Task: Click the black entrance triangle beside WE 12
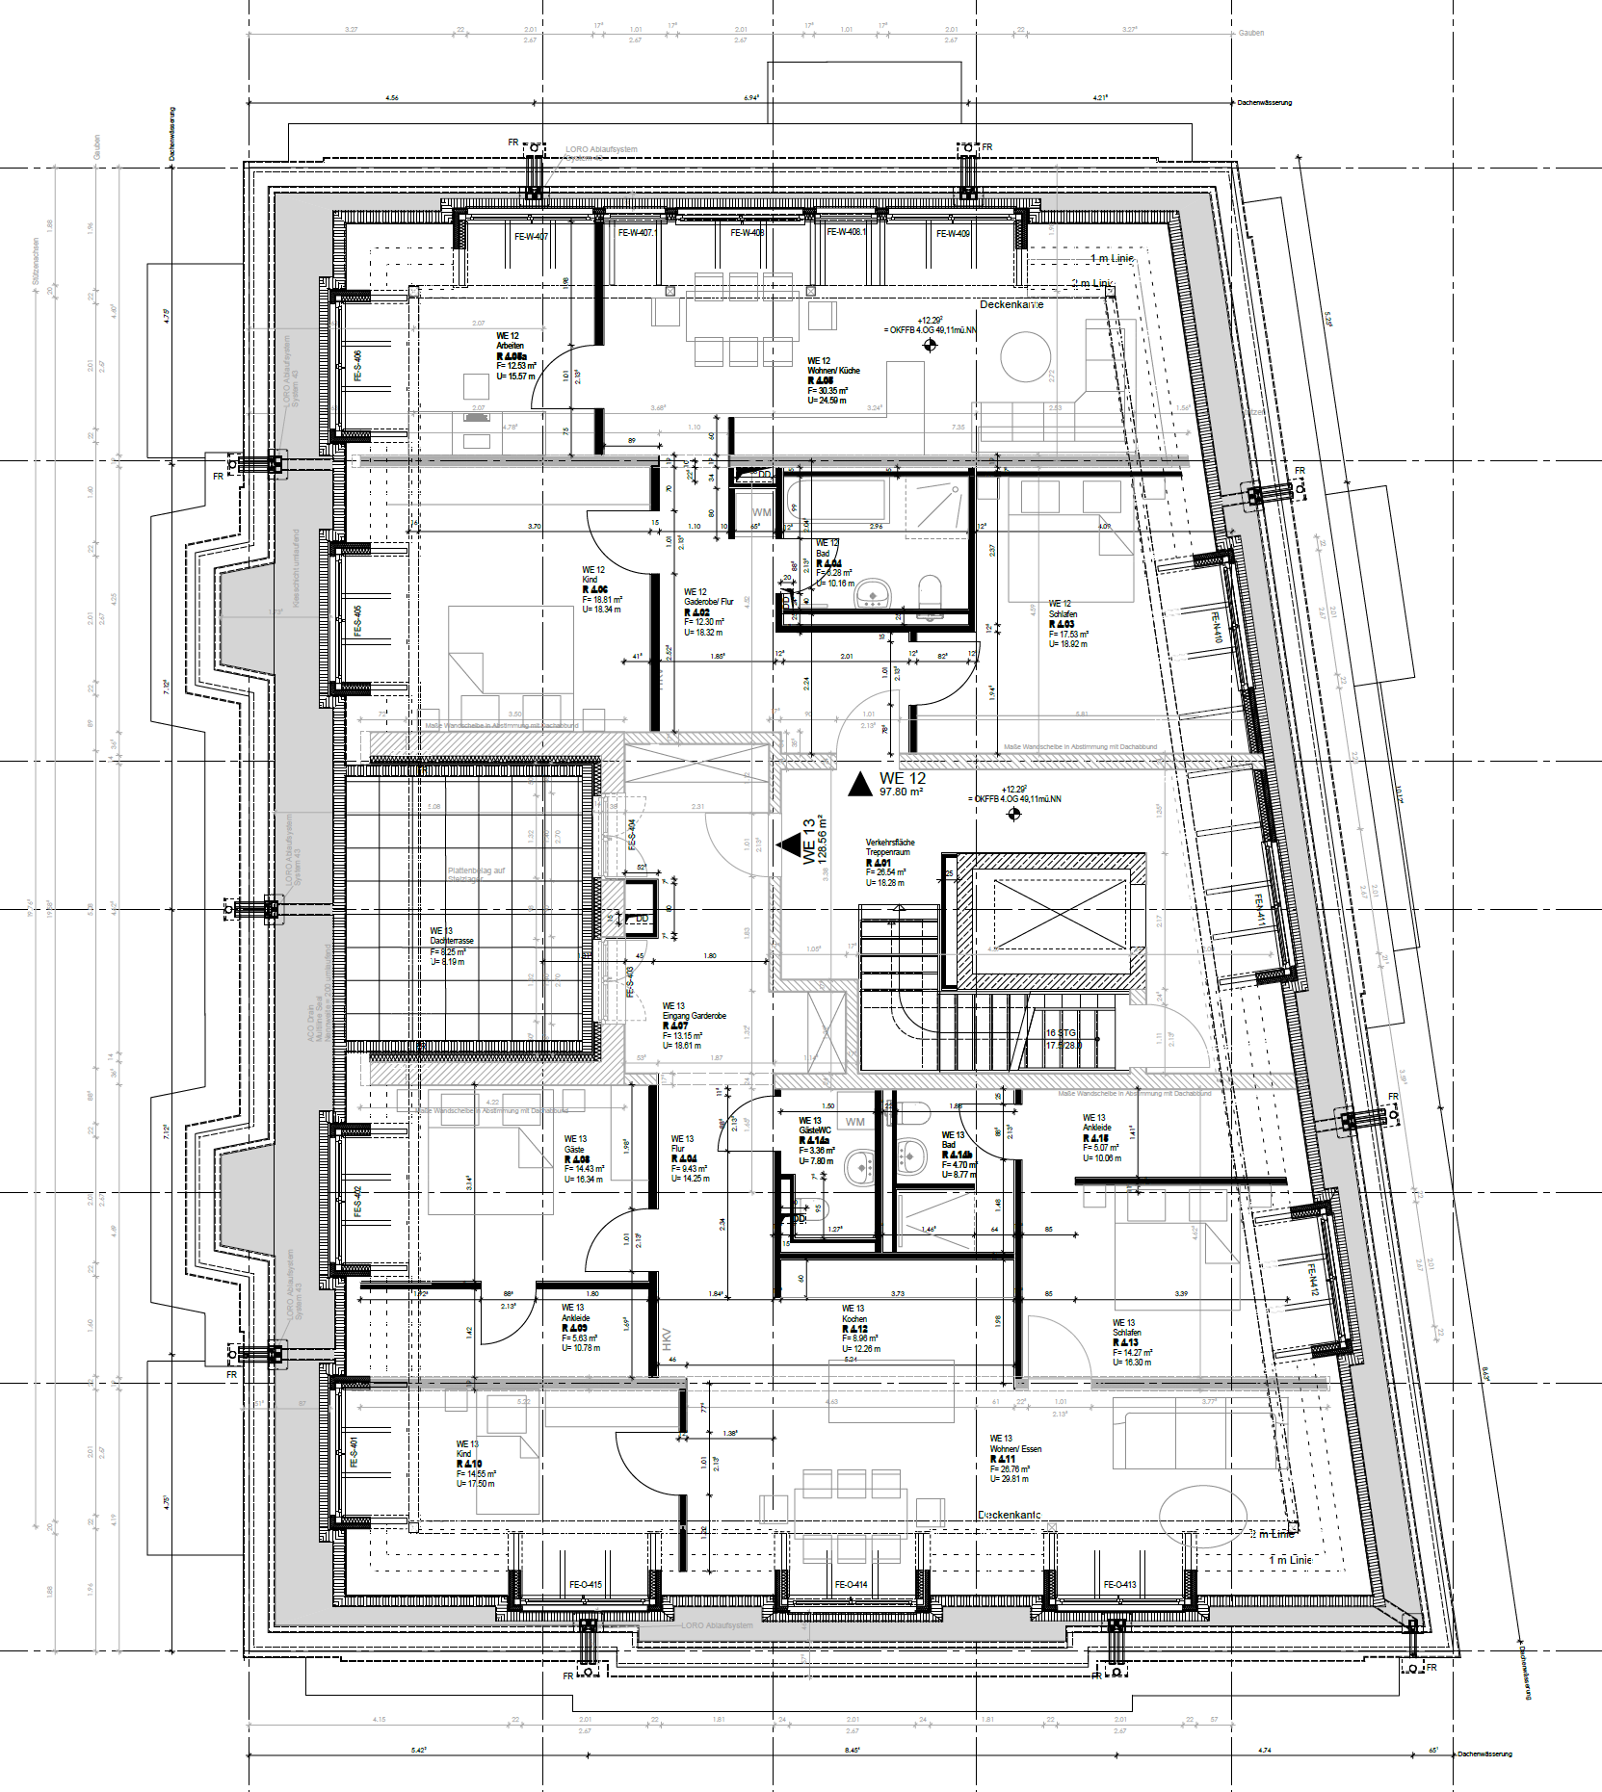click(859, 785)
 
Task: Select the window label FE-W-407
click(531, 236)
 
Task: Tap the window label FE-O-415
click(585, 1584)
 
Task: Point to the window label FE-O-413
click(1119, 1584)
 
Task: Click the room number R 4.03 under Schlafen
click(1061, 624)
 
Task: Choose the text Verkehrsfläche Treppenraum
click(889, 847)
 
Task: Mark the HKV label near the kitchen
click(666, 1338)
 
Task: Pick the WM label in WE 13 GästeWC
click(854, 1122)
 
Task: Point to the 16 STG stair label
click(1061, 1033)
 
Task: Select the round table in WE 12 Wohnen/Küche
click(1024, 356)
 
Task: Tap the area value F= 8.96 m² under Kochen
click(860, 1338)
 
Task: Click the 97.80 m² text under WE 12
click(901, 792)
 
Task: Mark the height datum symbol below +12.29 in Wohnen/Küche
click(930, 345)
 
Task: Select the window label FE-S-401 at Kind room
click(355, 1451)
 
